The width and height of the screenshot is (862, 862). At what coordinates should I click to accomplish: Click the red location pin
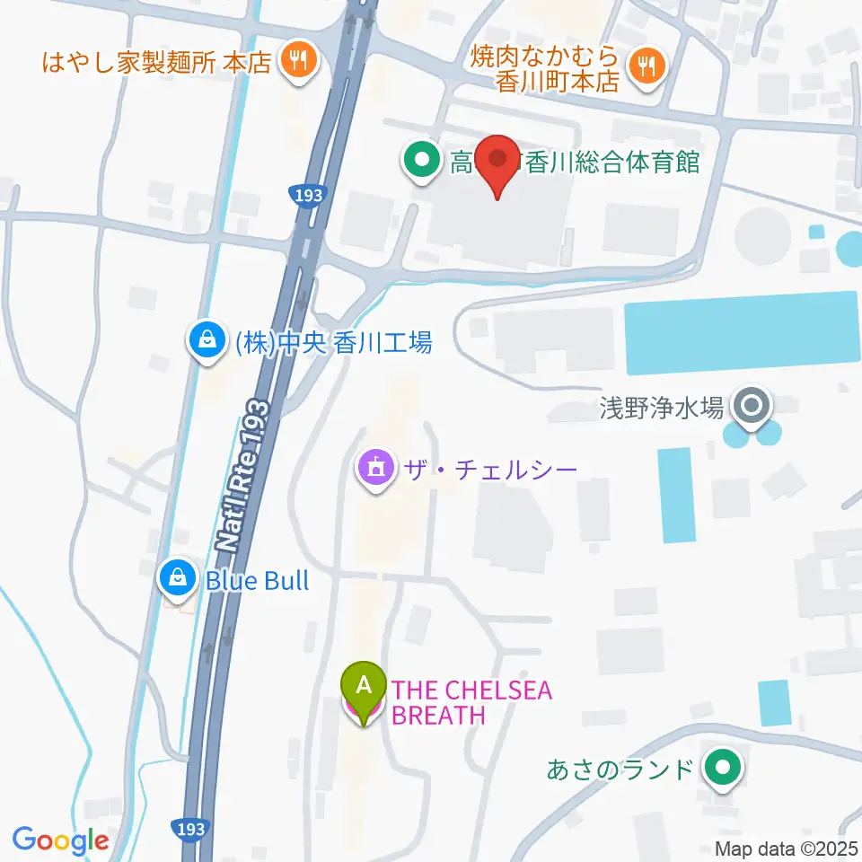click(497, 163)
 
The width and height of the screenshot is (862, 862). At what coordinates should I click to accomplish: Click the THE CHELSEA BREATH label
click(472, 702)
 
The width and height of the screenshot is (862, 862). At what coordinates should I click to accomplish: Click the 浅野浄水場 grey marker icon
click(750, 406)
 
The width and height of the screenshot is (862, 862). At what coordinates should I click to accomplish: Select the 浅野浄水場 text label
click(661, 408)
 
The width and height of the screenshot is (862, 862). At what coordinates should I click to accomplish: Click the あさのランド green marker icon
click(721, 768)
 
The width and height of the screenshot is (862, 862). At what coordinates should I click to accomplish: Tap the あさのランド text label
click(620, 769)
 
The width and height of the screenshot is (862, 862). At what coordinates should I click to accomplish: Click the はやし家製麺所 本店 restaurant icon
click(295, 61)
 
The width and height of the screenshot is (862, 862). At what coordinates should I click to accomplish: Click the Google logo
click(60, 840)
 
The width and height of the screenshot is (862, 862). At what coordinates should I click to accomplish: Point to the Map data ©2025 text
click(787, 848)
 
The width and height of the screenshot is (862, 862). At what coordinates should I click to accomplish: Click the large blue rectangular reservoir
click(742, 332)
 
